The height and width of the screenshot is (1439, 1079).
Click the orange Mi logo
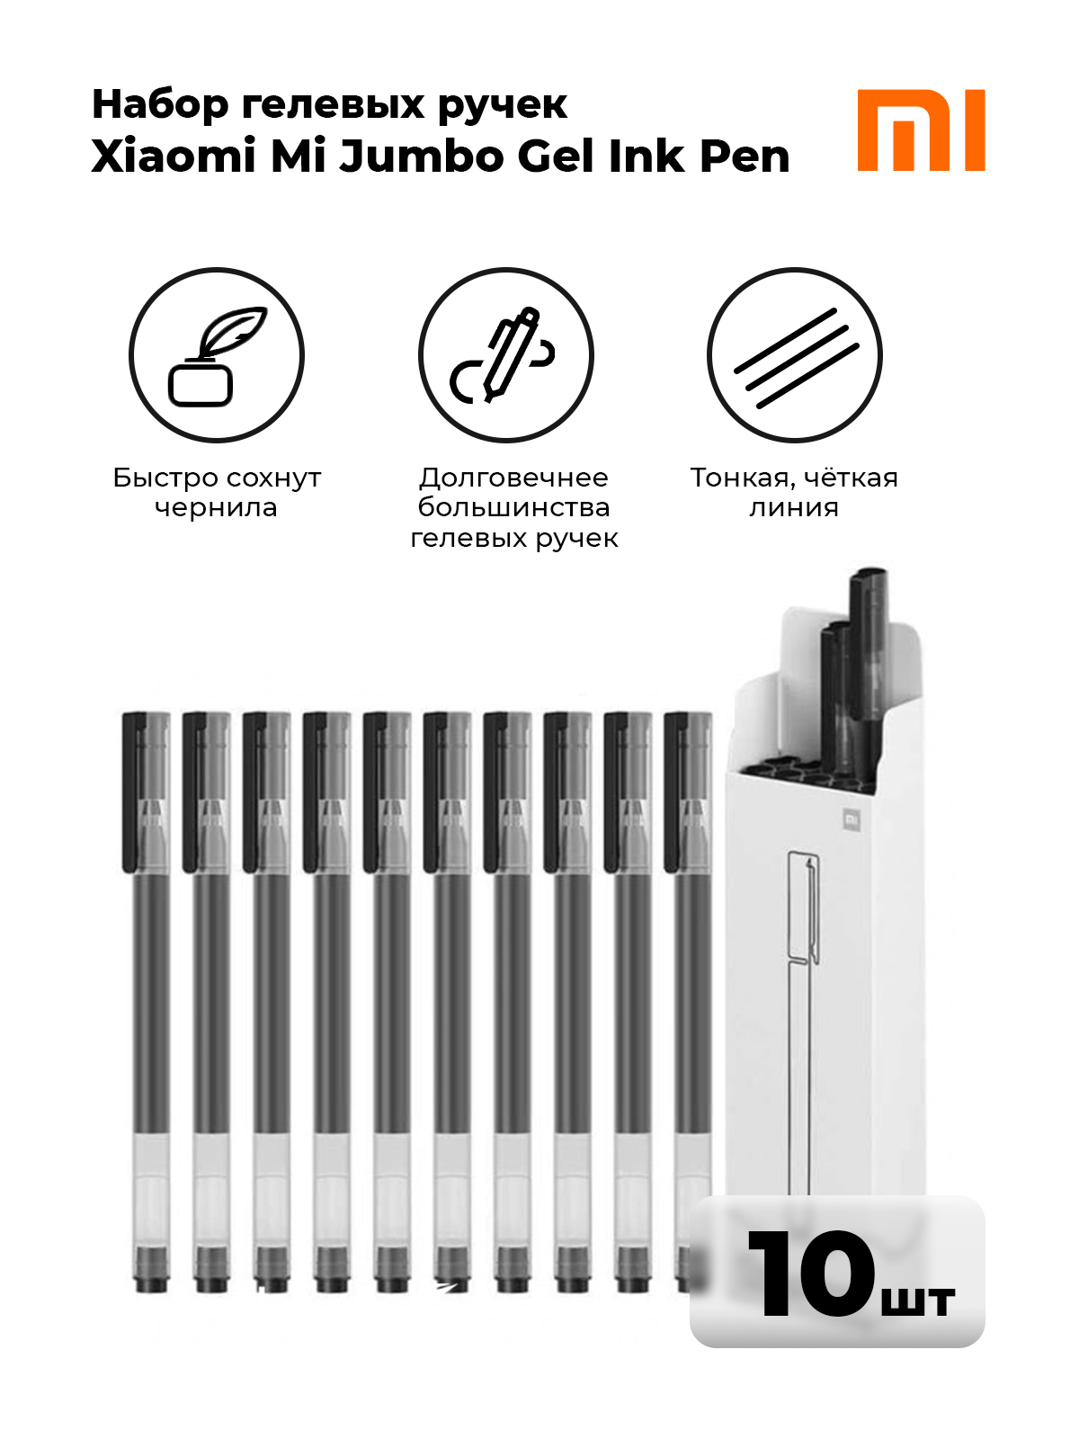[921, 130]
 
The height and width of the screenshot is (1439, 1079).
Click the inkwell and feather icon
[217, 354]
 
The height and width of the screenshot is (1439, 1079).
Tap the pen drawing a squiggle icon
[505, 354]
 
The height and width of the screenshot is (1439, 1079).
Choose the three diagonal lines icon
[795, 354]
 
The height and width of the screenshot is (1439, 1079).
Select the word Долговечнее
[513, 478]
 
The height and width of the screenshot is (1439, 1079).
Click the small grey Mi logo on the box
[851, 819]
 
